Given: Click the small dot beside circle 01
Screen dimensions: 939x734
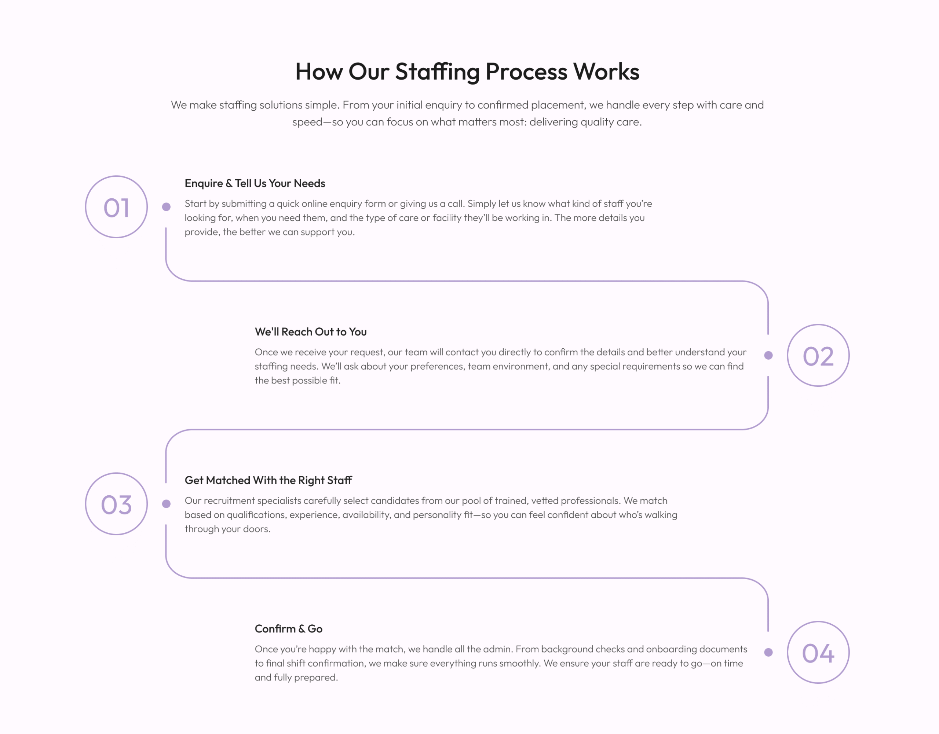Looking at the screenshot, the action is [x=167, y=207].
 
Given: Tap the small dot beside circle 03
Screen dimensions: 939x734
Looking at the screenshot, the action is [x=167, y=504].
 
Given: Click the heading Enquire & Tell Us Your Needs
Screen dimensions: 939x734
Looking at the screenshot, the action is [x=255, y=183].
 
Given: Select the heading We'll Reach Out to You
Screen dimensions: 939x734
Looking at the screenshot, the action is [x=310, y=332].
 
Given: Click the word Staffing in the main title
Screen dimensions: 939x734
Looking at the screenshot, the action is [x=437, y=72].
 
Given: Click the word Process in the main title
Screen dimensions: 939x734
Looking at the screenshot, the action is [x=526, y=72].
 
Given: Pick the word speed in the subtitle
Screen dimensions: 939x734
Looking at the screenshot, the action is [x=307, y=122].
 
